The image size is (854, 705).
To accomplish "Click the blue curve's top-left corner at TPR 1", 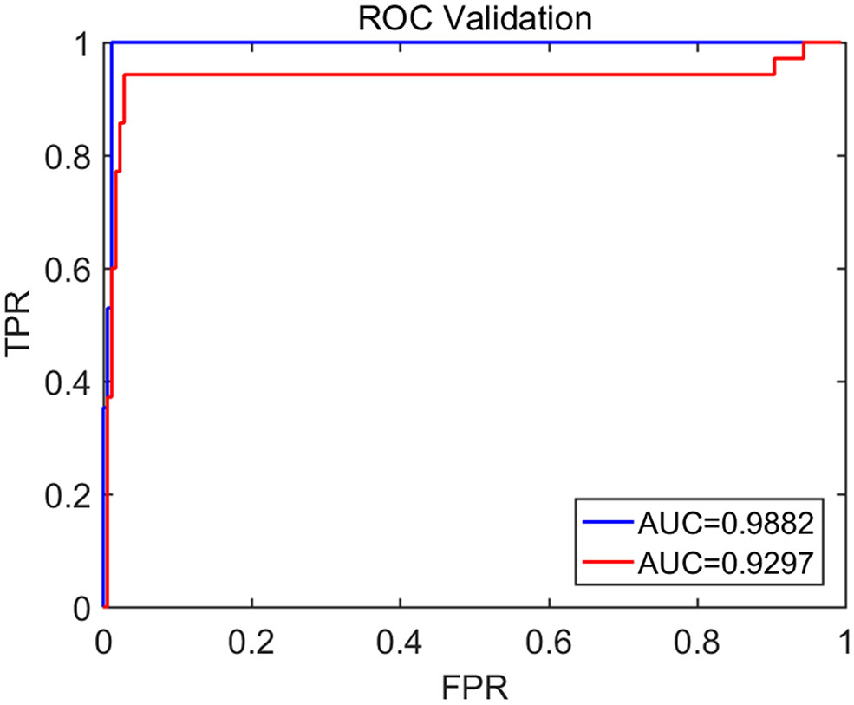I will click(112, 42).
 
